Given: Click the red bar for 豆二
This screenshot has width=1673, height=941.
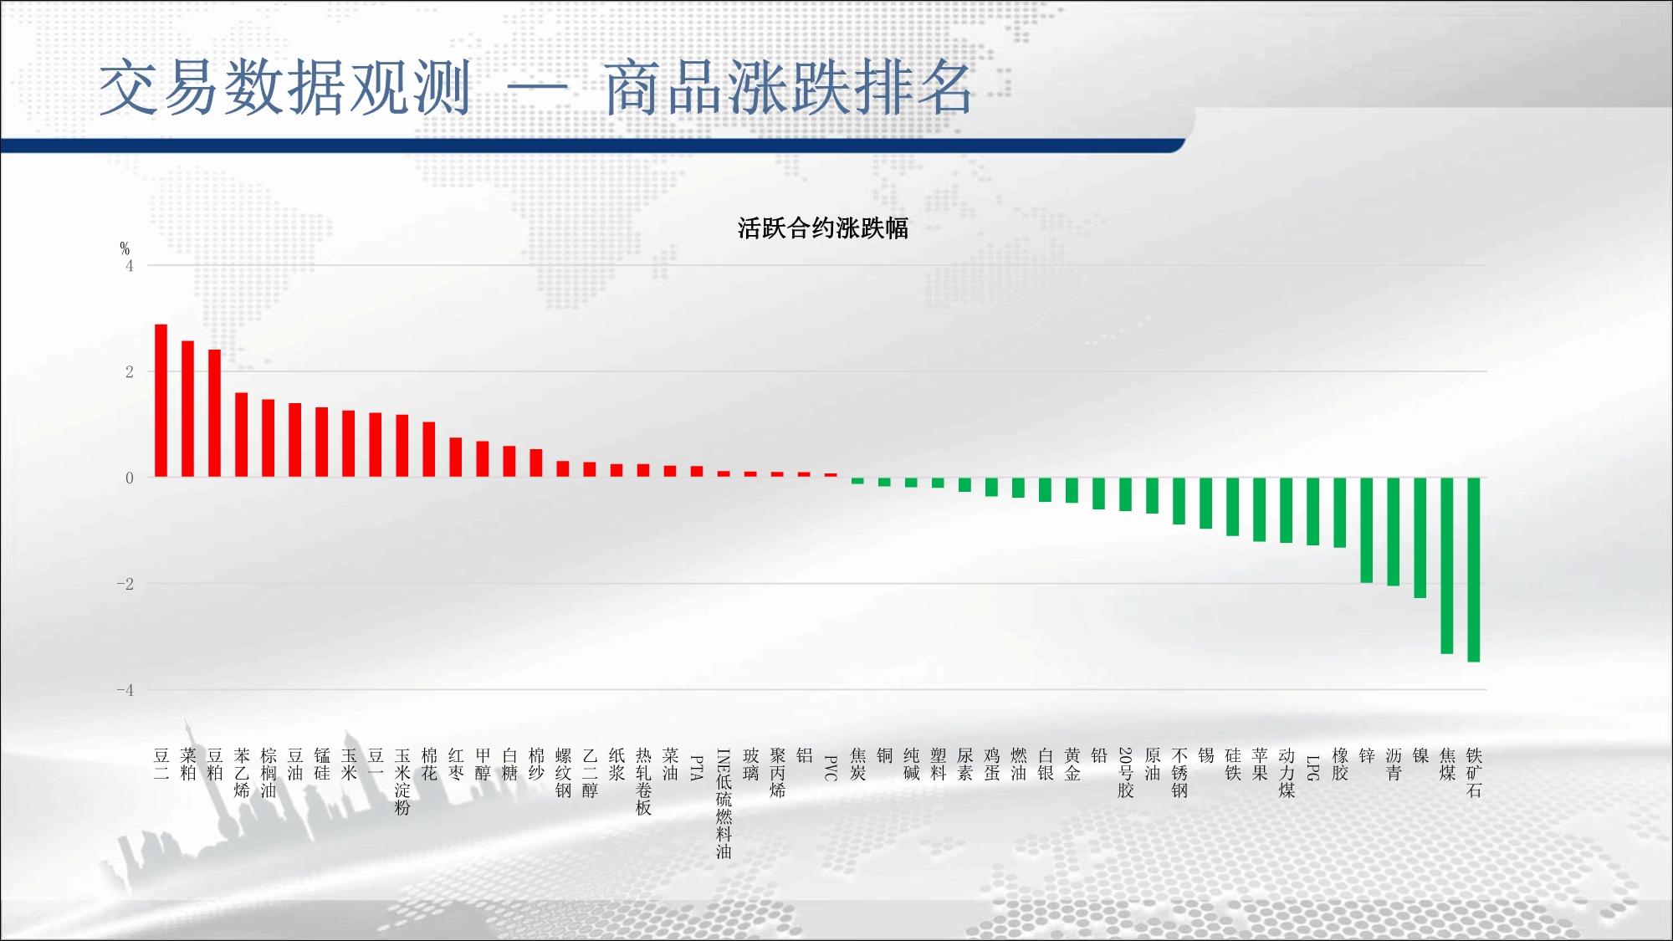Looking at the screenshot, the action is [x=161, y=401].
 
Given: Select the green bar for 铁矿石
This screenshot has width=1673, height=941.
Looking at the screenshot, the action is [x=1474, y=570].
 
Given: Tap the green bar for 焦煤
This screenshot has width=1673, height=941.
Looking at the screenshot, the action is [x=1447, y=565].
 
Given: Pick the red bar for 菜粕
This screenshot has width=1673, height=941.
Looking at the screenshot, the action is [x=187, y=409].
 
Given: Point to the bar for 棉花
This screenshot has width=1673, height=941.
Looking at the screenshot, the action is [x=429, y=450].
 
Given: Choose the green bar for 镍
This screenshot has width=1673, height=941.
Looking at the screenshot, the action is [x=1420, y=538].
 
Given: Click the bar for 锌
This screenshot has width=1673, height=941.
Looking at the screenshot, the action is [x=1367, y=530].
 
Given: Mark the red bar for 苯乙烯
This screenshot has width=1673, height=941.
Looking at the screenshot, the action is [x=241, y=435].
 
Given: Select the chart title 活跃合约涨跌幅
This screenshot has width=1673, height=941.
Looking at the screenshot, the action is [x=823, y=228].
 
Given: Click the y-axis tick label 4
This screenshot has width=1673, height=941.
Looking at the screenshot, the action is [x=130, y=266].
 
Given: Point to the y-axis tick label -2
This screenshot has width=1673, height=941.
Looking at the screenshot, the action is [x=125, y=584].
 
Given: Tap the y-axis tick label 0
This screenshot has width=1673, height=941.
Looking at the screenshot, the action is [x=130, y=478].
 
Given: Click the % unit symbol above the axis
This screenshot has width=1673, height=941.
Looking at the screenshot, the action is [x=125, y=248].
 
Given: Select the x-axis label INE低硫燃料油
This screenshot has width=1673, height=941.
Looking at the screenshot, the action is [x=724, y=804].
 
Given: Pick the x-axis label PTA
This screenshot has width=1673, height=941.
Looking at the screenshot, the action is [x=697, y=768].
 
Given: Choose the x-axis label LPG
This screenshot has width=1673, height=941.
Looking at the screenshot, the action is [x=1313, y=768].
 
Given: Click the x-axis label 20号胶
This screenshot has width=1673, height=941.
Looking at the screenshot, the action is [x=1126, y=773].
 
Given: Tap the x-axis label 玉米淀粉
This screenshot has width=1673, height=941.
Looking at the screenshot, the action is [x=402, y=782].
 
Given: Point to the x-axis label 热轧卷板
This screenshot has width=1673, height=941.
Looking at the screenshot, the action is [x=643, y=782].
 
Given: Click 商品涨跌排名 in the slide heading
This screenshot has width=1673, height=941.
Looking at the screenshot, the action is [x=789, y=88].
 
